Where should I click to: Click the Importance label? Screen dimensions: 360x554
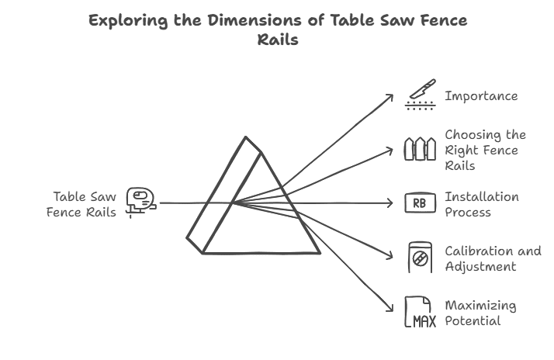[x=481, y=96]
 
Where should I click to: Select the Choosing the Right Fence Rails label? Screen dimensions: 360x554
[x=485, y=150]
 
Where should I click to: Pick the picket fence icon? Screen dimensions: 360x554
[x=420, y=149]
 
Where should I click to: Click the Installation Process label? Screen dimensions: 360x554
[x=481, y=204]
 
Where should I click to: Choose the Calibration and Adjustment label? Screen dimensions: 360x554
[x=492, y=258]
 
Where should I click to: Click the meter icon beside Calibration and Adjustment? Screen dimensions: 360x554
[x=420, y=258]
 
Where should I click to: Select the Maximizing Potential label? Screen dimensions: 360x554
[x=480, y=313]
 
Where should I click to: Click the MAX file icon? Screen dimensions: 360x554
[x=420, y=312]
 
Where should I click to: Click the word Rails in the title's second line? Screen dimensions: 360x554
[x=277, y=40]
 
